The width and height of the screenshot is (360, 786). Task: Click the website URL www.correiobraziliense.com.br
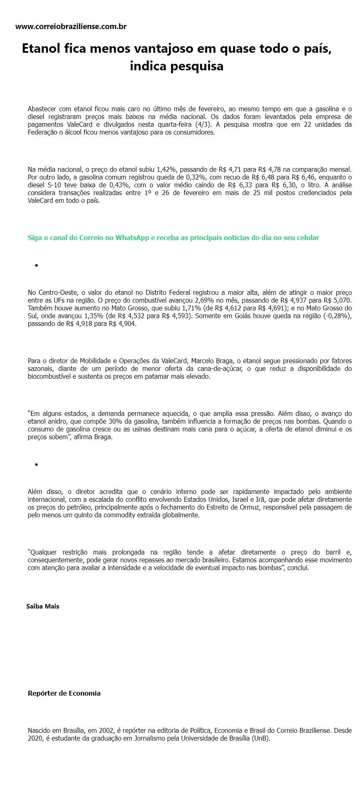[71, 27]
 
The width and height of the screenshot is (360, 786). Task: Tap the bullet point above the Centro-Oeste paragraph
[36, 265]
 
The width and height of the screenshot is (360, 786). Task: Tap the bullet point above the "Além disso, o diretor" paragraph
[36, 465]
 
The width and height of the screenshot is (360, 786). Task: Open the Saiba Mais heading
[43, 606]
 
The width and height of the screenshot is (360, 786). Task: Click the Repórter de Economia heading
[64, 693]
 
